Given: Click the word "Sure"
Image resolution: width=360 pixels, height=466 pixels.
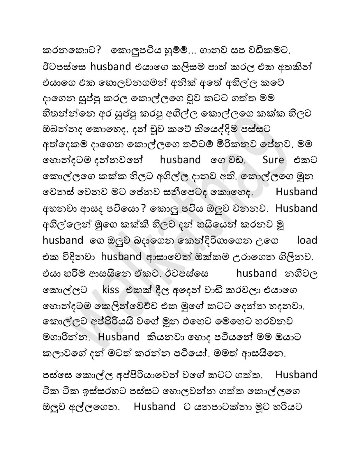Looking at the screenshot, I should tap(273, 160).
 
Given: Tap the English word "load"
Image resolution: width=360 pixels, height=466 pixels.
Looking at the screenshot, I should tap(307, 240).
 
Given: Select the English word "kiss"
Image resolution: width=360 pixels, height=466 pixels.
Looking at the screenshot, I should tap(111, 290).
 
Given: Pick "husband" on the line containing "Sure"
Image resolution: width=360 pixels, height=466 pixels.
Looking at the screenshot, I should tap(180, 160).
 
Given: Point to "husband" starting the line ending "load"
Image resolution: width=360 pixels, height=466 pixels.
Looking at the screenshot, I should tap(63, 240).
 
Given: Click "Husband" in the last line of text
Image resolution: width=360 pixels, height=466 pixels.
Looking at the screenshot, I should tap(154, 407).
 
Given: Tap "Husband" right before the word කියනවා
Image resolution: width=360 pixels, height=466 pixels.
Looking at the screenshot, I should tap(119, 337).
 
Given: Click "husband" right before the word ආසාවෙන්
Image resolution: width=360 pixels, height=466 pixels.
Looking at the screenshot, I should tap(121, 257).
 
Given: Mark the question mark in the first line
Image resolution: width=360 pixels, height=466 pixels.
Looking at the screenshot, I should tap(98, 51).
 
